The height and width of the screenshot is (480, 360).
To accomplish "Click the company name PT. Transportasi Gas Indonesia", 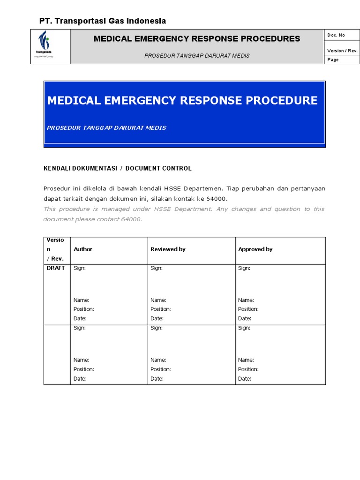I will point(102,21).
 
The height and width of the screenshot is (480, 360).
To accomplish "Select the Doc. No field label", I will point(336,35).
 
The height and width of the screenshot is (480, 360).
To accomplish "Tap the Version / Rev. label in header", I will point(342,51).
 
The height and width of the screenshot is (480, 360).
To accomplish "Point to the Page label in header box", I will point(333,60).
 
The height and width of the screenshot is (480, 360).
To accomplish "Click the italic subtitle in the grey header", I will point(197,55).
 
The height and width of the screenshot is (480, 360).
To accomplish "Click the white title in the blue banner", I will point(182,100).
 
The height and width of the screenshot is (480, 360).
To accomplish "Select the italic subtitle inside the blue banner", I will point(106,128).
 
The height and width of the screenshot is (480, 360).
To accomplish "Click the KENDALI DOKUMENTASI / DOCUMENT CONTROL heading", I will point(117,168).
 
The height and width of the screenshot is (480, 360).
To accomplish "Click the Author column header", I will point(83,249).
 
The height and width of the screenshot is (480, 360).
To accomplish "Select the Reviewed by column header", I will point(168,249).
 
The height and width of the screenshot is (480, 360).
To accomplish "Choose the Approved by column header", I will point(255,249).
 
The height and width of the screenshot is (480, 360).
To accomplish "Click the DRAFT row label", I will point(55,268).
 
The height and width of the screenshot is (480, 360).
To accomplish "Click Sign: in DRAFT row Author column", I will point(80,268).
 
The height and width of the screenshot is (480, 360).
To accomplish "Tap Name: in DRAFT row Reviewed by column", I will point(158,300).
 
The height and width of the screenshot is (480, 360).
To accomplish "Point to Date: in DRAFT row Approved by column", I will point(244,318).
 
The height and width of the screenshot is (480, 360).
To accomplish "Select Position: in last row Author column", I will point(83,369).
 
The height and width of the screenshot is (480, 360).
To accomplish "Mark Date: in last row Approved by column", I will point(244,379).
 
